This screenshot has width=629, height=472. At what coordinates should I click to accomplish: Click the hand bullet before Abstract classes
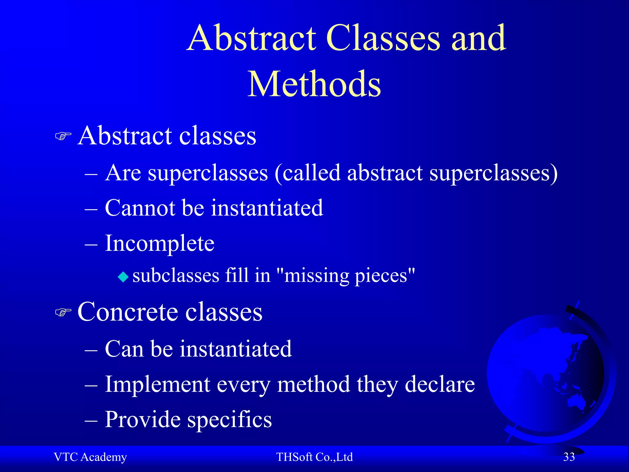[x=63, y=136]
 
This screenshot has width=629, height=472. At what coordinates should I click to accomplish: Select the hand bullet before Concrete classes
[x=63, y=312]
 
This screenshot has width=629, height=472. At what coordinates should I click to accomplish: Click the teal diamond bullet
[x=123, y=277]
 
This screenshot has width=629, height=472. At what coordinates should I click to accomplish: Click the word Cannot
[x=140, y=208]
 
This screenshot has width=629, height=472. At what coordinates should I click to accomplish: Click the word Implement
[x=157, y=384]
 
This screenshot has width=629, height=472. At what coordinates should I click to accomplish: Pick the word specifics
[x=229, y=420]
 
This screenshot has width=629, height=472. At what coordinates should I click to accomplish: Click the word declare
[x=440, y=384]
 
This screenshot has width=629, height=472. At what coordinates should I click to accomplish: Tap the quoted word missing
[x=316, y=276]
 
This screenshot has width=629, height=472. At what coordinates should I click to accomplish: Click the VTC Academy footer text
[x=90, y=457]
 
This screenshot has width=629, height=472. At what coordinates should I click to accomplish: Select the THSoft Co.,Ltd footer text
[x=314, y=457]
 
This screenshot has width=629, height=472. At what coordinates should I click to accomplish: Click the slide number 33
[x=569, y=457]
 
